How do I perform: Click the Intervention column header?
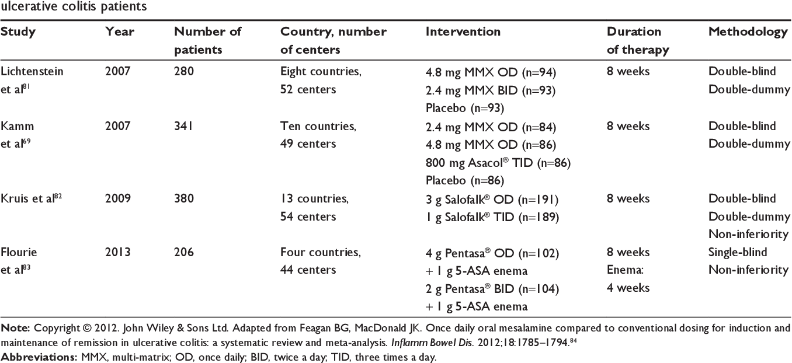(463, 32)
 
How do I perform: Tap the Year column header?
(120, 32)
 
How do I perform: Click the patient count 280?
(184, 71)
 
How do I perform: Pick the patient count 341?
(183, 126)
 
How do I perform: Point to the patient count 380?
(184, 198)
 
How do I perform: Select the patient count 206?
(184, 252)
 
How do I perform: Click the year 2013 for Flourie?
(118, 252)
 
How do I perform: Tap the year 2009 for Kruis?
(118, 198)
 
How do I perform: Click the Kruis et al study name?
(32, 198)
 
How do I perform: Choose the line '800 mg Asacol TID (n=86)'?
(498, 163)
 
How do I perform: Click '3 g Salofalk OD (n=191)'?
(492, 200)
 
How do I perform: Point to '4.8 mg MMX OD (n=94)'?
(491, 72)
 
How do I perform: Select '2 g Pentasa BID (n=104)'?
(492, 289)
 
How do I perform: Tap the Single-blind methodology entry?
(738, 252)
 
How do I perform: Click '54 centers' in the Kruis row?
(308, 217)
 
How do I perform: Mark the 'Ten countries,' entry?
(318, 127)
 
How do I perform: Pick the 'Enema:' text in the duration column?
(625, 270)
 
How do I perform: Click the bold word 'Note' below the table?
(16, 329)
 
